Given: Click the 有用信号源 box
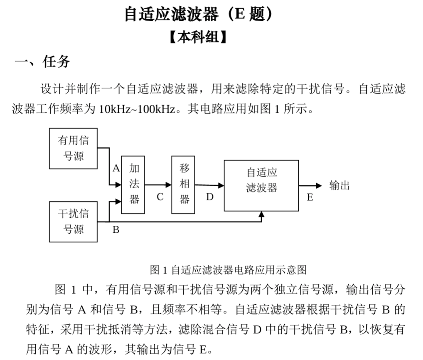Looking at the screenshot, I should [73, 148].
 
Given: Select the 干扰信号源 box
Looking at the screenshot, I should [73, 221].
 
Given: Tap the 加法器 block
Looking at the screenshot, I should [134, 185].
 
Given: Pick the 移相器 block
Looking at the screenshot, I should [183, 185].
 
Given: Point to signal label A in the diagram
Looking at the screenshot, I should [116, 168].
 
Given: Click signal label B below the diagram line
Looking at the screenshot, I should [116, 229].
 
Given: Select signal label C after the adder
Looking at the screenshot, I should [160, 197].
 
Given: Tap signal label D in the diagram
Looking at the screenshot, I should [209, 197].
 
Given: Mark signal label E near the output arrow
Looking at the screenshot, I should [310, 197].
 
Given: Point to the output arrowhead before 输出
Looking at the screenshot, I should [319, 185].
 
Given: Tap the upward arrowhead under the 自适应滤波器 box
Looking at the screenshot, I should [261, 215].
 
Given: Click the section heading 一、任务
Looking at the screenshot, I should [42, 62].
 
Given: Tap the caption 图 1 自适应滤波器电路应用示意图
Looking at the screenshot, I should [228, 270].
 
